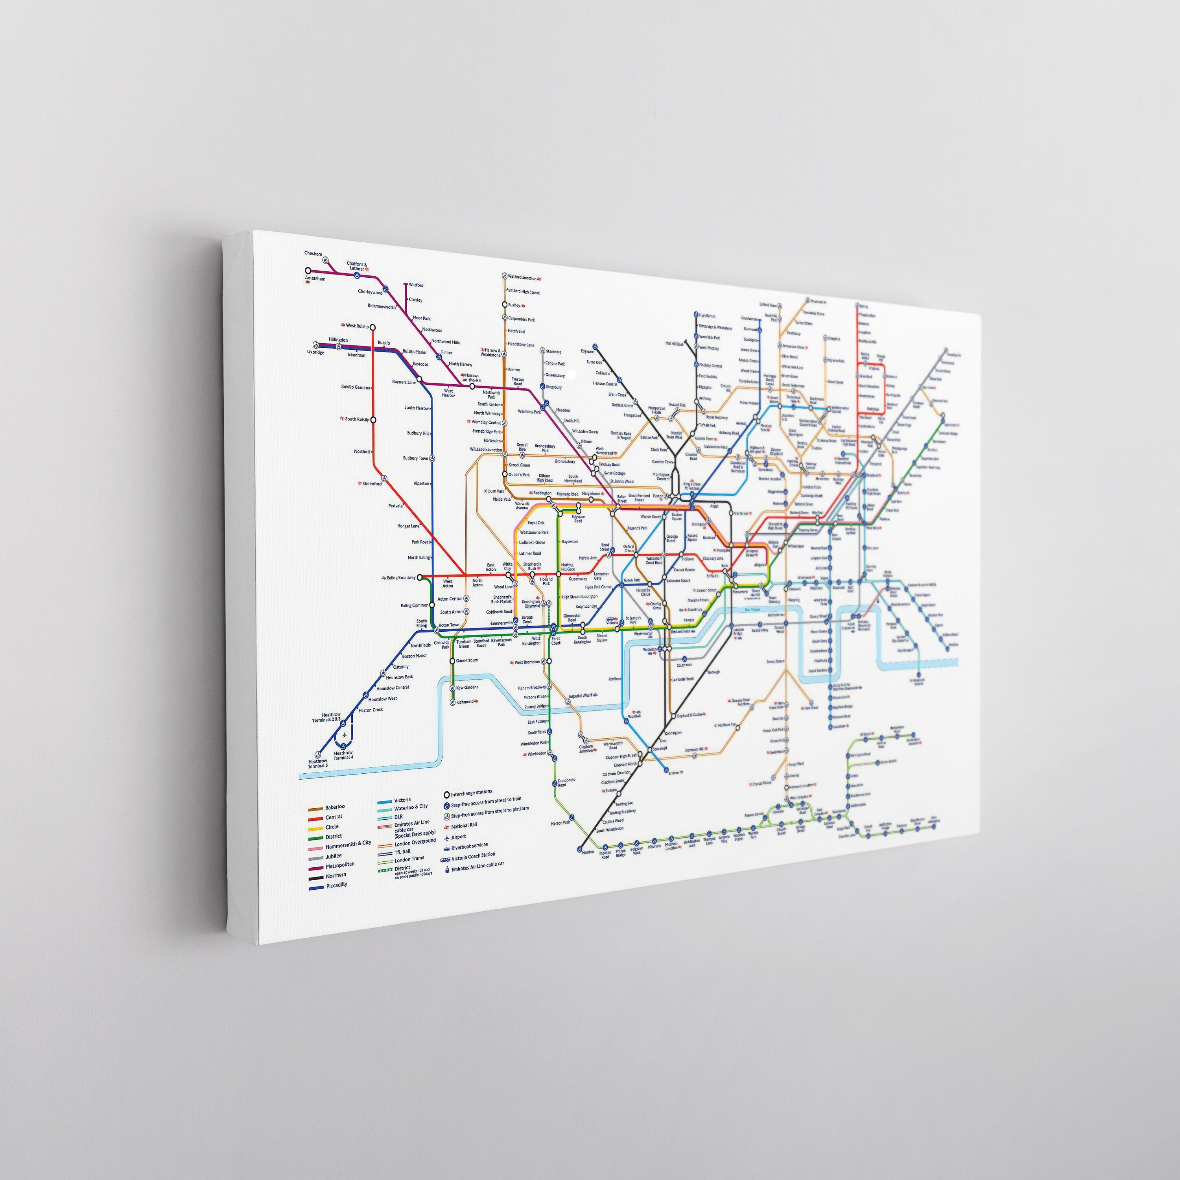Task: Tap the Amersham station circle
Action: [x=308, y=271]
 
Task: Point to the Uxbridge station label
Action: [x=316, y=352]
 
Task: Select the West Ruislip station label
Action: [x=357, y=326]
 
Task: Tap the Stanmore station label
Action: [x=553, y=352]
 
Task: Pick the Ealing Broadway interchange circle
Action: [x=420, y=577]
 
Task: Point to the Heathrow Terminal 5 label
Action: [x=317, y=763]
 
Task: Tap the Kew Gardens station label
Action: [x=467, y=687]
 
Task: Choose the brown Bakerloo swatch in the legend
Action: [x=315, y=808]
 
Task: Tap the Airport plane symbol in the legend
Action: [x=446, y=837]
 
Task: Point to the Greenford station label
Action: [x=372, y=484]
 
